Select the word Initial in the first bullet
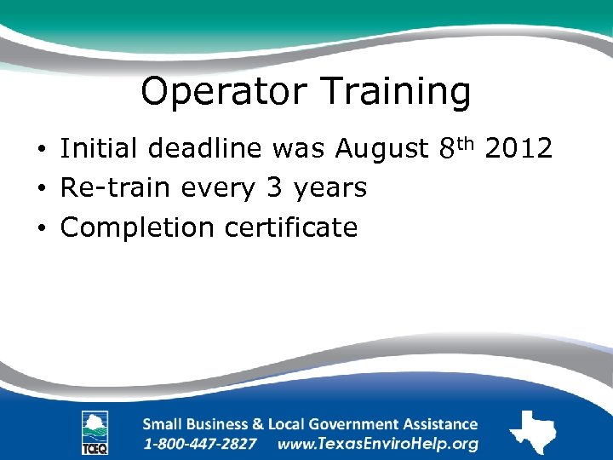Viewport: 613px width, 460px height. pos(100,149)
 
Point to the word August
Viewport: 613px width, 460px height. pos(381,149)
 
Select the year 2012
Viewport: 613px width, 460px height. pos(518,149)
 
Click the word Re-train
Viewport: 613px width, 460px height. pos(112,187)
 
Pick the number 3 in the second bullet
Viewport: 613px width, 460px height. pos(273,187)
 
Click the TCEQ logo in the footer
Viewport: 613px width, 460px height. pos(95,432)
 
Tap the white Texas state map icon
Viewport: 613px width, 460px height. pos(532,432)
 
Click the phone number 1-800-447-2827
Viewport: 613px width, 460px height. pos(201,444)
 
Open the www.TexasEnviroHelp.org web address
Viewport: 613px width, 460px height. pos(378,444)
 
